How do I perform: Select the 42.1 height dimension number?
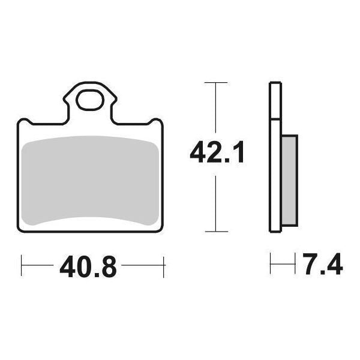[x=217, y=153]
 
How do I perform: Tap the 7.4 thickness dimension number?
[x=322, y=265]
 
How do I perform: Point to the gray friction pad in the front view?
[x=90, y=180]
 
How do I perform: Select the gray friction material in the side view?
[x=289, y=180]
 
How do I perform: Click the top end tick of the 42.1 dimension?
[x=215, y=82]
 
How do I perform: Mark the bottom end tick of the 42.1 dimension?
[x=215, y=231]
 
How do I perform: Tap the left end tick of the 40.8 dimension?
[x=22, y=265]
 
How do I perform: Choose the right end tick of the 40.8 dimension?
[x=163, y=265]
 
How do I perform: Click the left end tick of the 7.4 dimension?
[x=271, y=263]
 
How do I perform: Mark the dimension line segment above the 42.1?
[x=215, y=111]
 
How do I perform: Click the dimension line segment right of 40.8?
[x=142, y=265]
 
